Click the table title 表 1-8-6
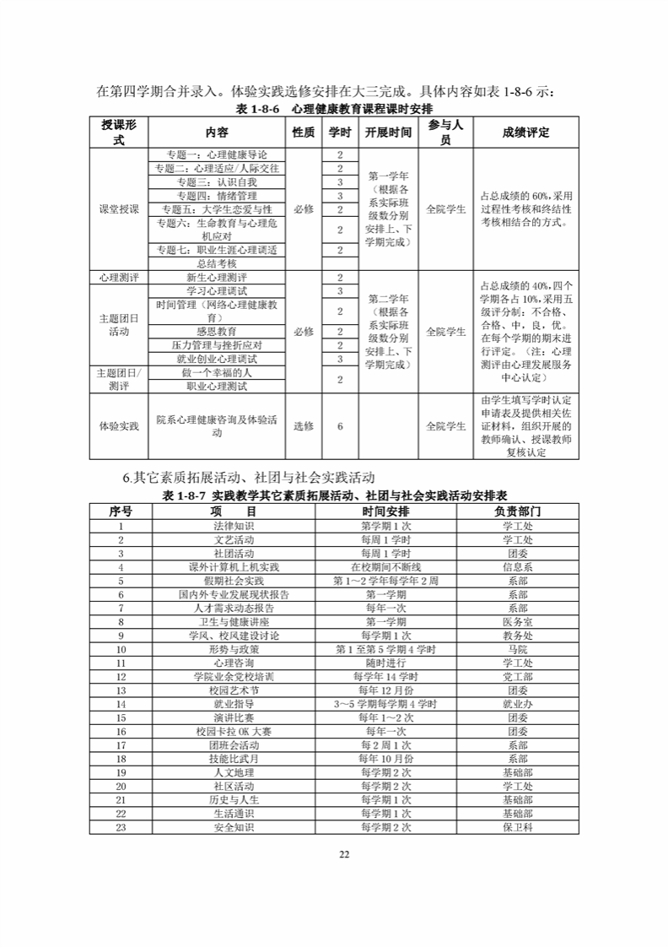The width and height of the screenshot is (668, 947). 333,110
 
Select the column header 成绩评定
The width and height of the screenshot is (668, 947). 525,133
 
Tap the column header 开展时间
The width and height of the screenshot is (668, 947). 388,133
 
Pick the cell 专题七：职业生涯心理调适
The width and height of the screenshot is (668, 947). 216,250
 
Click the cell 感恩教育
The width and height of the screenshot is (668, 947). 216,331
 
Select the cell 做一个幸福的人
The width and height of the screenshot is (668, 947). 216,372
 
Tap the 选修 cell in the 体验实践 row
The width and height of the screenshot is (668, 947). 304,426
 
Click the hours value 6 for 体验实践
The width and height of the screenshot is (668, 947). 340,426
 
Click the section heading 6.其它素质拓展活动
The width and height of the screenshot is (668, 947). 248,479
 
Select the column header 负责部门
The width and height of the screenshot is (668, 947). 517,511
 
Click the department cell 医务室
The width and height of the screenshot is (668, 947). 517,622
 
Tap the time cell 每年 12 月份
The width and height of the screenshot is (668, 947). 385,690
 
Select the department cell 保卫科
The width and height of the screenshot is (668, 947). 517,827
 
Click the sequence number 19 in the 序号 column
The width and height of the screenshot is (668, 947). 121,772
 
